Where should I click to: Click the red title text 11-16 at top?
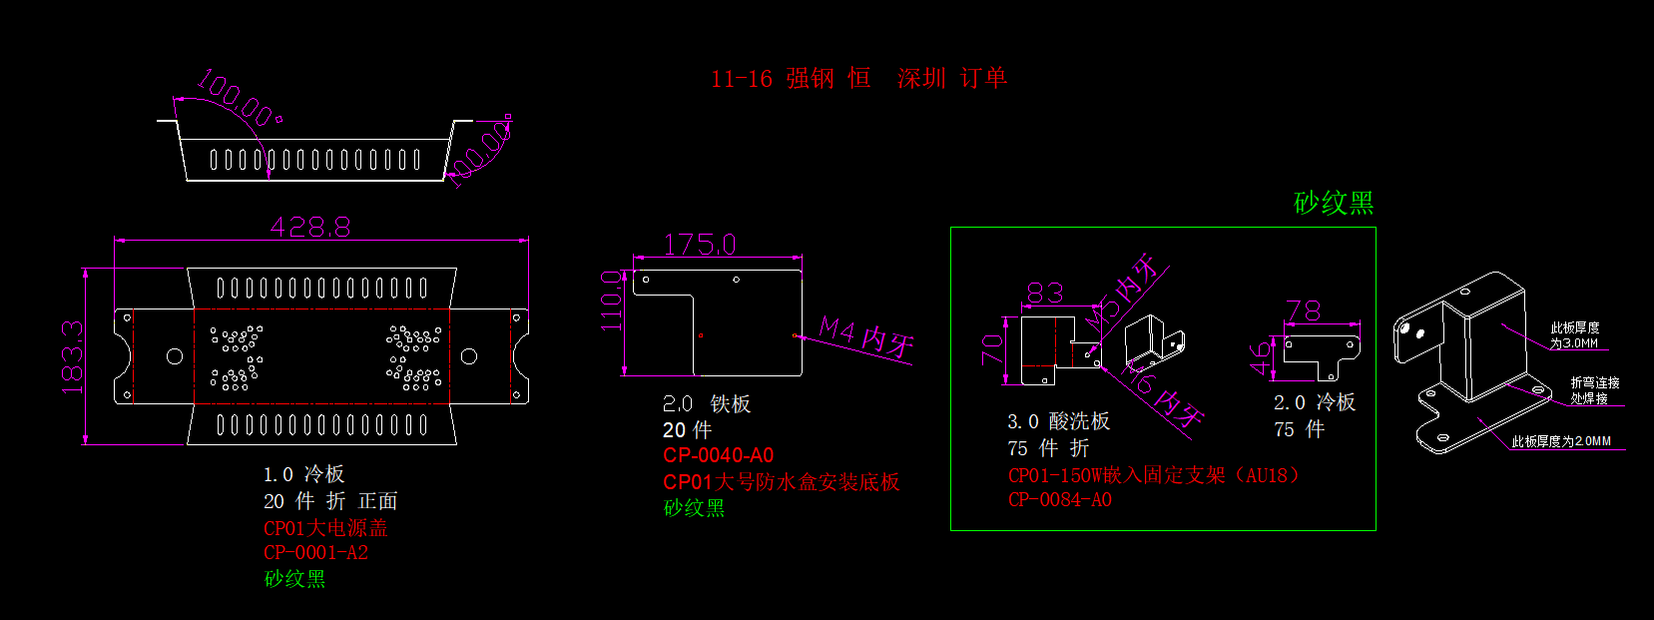(742, 79)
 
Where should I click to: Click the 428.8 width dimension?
(310, 228)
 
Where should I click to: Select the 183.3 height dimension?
(72, 356)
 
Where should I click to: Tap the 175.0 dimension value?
(700, 245)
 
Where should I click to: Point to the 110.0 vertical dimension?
(611, 301)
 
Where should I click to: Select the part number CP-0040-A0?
(718, 455)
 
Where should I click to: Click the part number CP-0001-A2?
(315, 553)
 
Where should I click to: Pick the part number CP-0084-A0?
(1059, 500)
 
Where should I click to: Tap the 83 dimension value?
(1045, 293)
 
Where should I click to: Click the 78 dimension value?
(1303, 311)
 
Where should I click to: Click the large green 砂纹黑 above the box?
(1334, 204)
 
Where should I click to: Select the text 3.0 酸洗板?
(1058, 421)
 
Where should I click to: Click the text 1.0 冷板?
(303, 474)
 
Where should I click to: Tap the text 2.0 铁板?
(707, 404)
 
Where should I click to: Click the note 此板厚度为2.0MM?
(1561, 441)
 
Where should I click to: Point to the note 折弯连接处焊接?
(1594, 390)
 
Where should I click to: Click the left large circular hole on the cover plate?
(175, 356)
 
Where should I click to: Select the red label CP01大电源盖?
(325, 528)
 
